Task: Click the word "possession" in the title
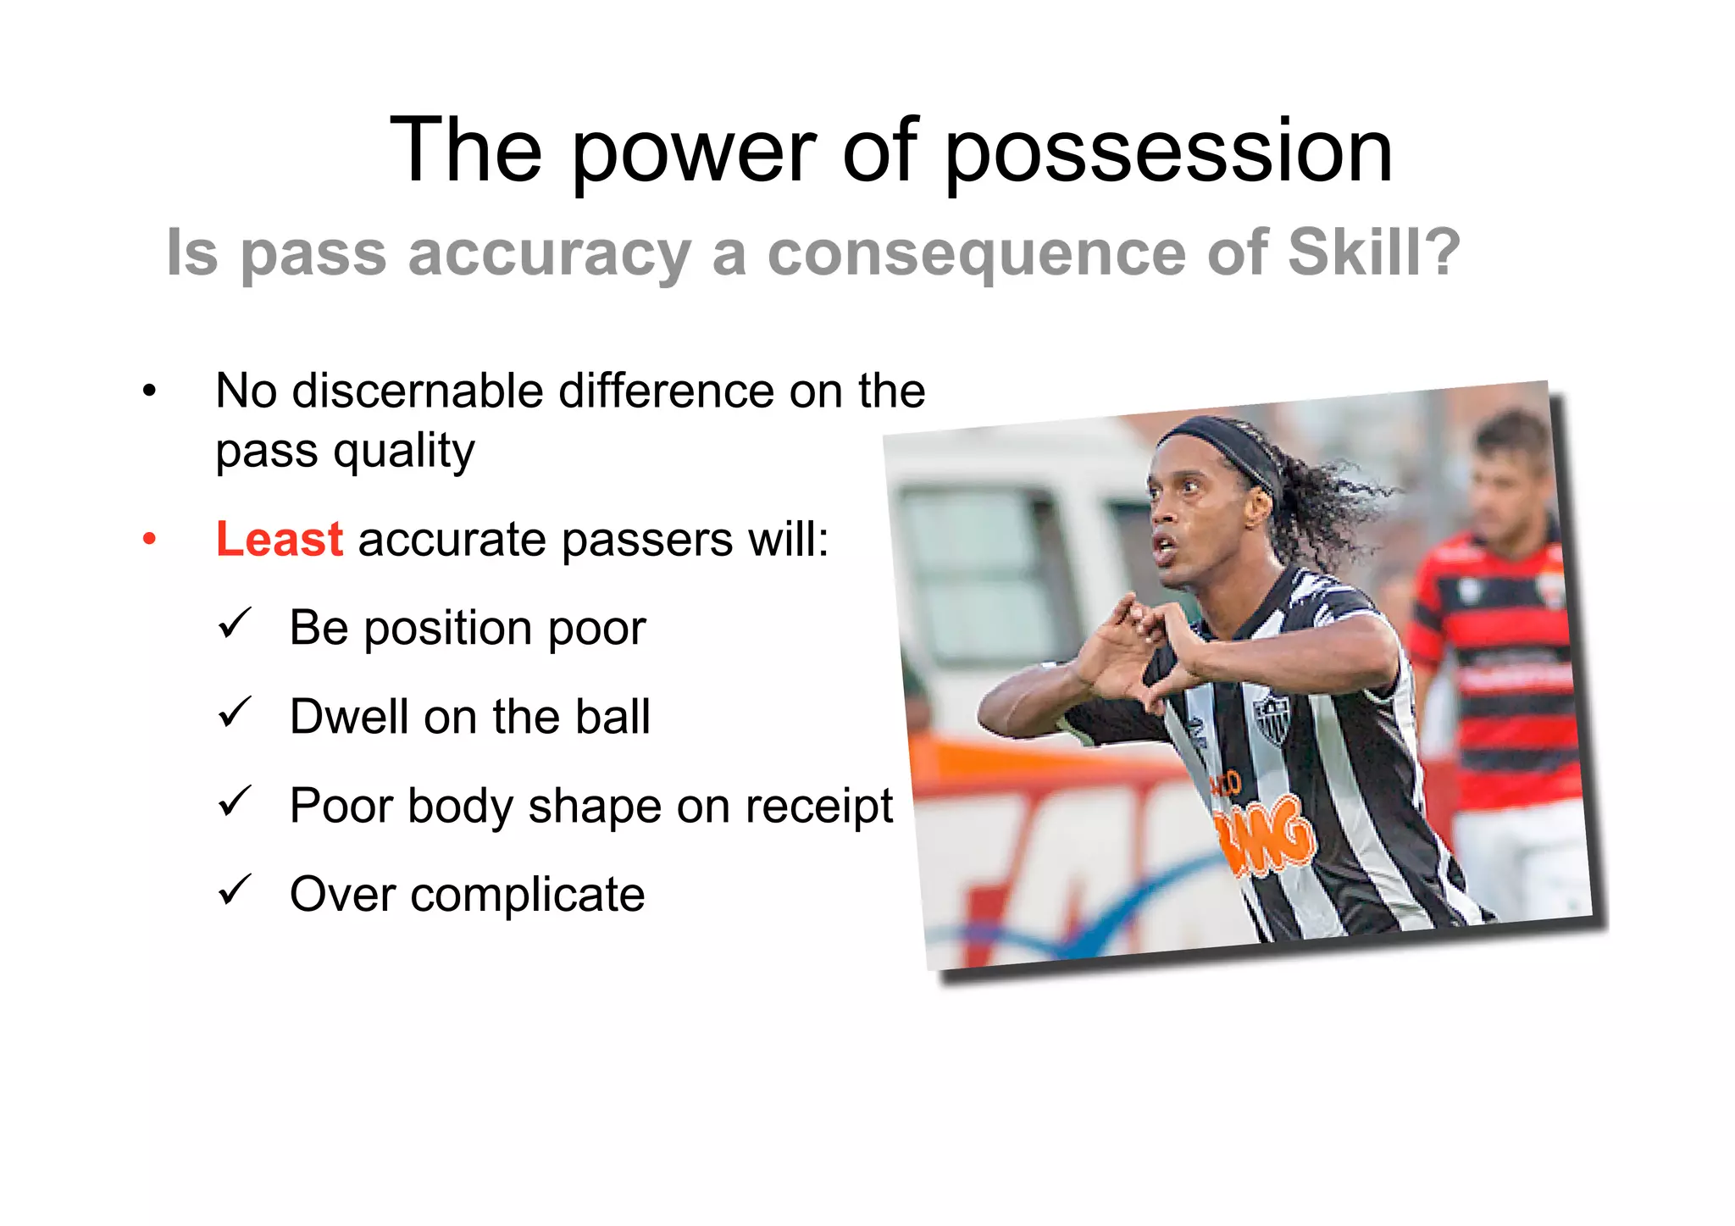point(1168,153)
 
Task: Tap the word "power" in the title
point(693,153)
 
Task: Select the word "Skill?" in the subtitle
point(1374,252)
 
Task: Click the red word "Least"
point(279,539)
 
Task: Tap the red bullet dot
point(150,539)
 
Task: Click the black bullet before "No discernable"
point(150,391)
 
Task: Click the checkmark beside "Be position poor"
point(235,624)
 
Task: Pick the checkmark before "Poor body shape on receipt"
point(235,802)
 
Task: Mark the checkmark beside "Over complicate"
point(235,890)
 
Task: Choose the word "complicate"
point(527,895)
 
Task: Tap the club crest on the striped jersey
point(1271,717)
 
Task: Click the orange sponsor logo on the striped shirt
point(1267,835)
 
